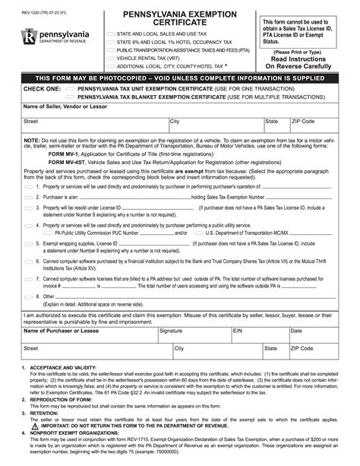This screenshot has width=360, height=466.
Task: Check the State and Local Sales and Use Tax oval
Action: [x=111, y=34]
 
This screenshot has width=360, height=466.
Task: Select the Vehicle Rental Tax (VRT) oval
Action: [x=111, y=57]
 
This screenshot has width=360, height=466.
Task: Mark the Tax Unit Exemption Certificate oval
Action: [x=70, y=88]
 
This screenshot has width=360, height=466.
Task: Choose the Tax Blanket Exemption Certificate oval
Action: [x=70, y=97]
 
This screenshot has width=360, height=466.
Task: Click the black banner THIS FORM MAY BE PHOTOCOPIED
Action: [x=179, y=78]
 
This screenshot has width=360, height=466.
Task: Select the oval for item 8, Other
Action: [x=28, y=296]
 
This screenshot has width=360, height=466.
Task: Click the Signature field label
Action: [x=170, y=331]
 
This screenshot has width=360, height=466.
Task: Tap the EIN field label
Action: [x=237, y=331]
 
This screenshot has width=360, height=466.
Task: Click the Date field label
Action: [x=296, y=331]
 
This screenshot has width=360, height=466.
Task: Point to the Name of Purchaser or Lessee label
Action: [x=61, y=331]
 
